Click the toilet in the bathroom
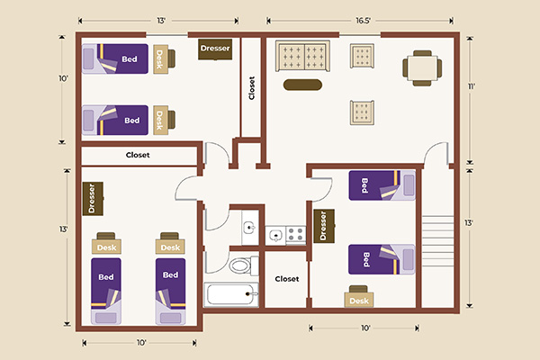239,265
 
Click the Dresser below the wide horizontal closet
92,200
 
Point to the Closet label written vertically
251,88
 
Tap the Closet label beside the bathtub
286,279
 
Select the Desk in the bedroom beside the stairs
358,300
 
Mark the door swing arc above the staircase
438,154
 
